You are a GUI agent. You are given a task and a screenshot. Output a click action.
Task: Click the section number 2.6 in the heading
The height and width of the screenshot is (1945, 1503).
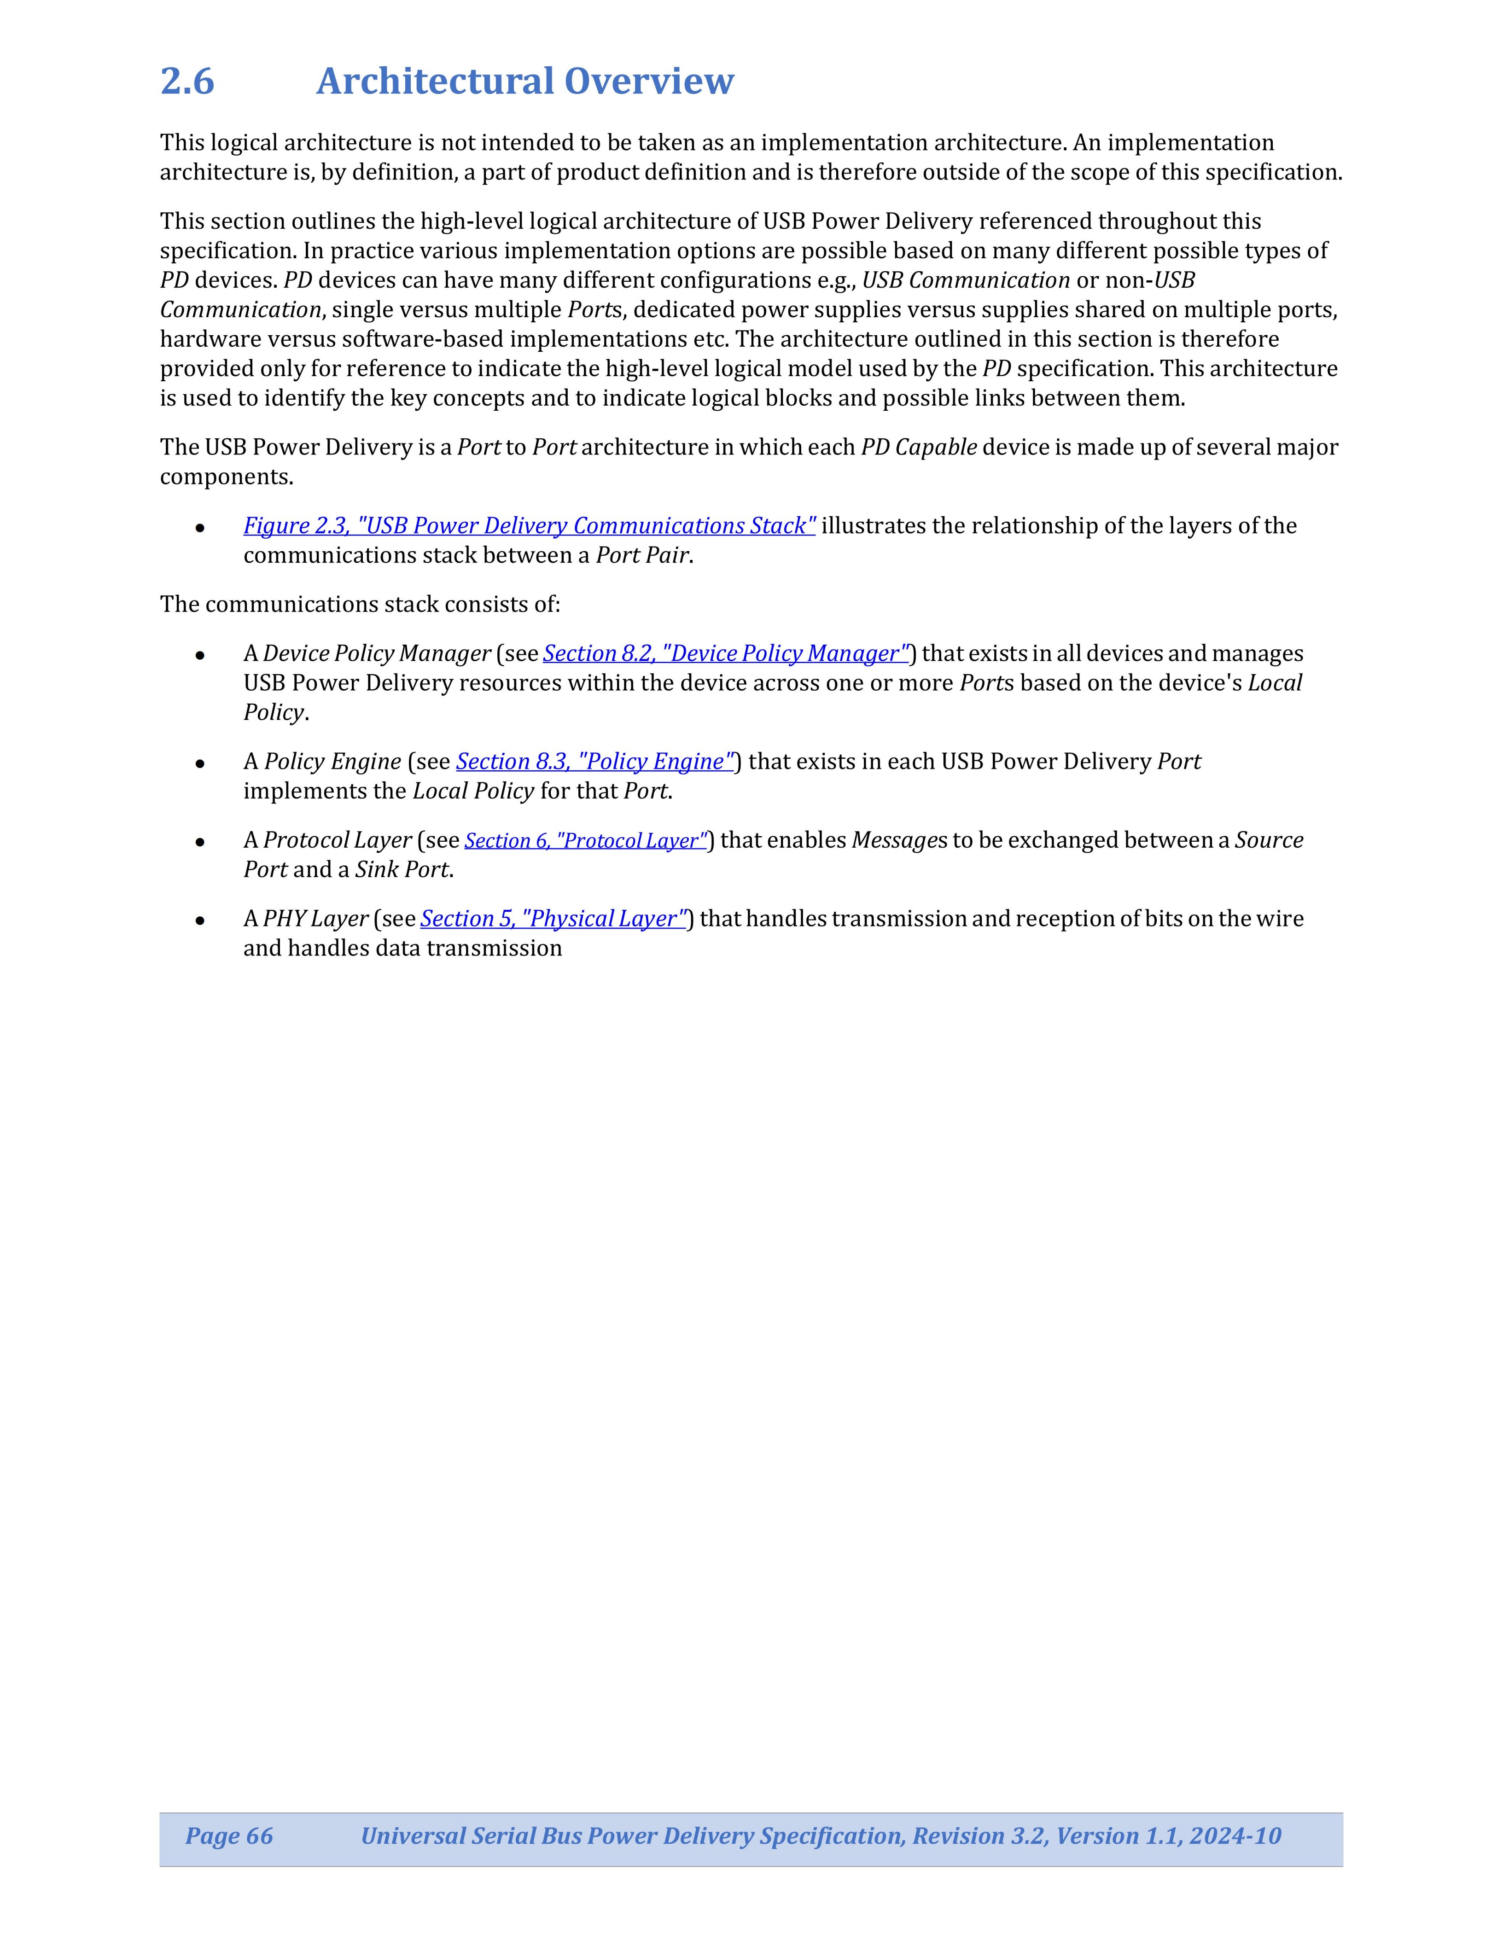[x=187, y=81]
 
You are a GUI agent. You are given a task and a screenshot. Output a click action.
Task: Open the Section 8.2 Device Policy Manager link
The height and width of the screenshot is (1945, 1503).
[x=726, y=654]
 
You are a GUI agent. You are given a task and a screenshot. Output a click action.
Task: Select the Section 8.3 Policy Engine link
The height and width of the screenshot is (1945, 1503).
[x=595, y=762]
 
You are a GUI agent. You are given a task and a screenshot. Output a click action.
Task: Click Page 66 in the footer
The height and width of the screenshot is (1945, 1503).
[x=229, y=1835]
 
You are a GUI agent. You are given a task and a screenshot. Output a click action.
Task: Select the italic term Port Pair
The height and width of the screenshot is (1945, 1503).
[x=642, y=556]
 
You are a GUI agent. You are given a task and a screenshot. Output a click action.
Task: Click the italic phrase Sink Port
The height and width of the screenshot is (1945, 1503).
[x=402, y=870]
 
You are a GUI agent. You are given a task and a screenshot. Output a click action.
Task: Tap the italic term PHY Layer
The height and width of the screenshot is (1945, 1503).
[x=315, y=919]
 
